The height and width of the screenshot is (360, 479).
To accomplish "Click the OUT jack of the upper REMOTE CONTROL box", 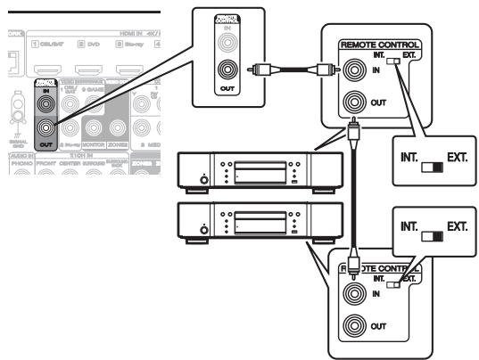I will [354, 102].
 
